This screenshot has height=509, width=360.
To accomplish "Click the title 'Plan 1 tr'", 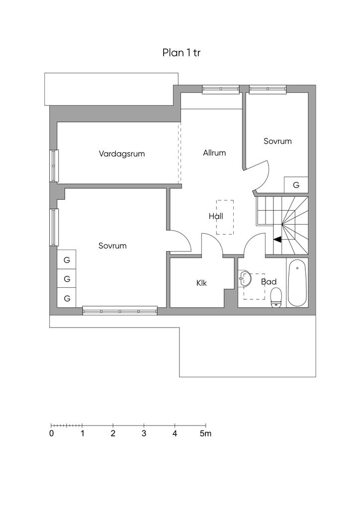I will point(181,53).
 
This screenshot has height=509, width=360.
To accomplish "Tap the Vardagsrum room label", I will point(122,154).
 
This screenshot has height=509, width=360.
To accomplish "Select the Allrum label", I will point(214,153).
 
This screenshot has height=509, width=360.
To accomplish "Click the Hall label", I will point(216,216).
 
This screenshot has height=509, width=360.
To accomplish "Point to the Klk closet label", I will point(201,283).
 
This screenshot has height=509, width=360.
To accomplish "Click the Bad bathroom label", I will point(269,282).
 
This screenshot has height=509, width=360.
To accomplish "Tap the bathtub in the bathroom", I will point(297,283).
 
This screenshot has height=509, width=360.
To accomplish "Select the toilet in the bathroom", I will point(276,298).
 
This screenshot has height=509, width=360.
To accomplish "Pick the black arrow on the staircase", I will point(277,239).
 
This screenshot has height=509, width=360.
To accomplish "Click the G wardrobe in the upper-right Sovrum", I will point(296,185).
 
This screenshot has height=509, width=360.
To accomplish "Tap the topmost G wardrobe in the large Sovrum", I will point(67,259).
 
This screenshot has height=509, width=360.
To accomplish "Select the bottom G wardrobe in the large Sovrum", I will point(67,298).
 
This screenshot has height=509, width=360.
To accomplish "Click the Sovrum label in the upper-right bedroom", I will point(277,141).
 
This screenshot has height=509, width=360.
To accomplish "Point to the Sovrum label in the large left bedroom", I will point(112,246).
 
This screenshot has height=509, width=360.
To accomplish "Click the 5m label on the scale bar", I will point(205,433).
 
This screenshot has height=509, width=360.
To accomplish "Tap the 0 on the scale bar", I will point(52,433).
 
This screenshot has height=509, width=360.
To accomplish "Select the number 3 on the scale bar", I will point(144,433).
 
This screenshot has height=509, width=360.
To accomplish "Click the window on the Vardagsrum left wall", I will point(54,166).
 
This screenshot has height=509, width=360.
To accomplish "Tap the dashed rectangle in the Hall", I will point(225,217).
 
